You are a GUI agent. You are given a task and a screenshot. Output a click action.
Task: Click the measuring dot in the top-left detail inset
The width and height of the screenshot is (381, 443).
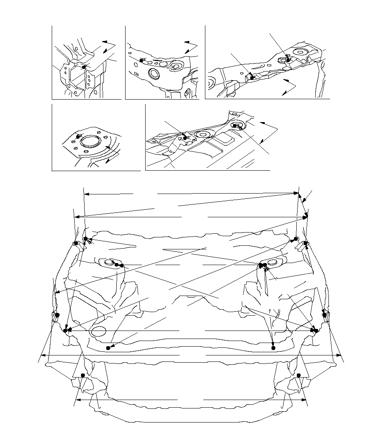point(84,67)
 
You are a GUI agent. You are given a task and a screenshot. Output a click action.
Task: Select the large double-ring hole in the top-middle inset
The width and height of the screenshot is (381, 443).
point(154,74)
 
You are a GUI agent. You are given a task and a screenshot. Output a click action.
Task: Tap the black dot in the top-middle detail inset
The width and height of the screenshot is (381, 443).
point(142,60)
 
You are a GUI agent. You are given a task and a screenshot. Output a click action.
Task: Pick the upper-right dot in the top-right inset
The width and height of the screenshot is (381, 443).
point(288,59)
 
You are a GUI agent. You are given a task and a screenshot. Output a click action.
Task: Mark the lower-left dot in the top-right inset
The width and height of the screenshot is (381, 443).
point(252,78)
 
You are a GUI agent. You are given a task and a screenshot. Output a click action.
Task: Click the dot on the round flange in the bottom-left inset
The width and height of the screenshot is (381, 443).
point(79,136)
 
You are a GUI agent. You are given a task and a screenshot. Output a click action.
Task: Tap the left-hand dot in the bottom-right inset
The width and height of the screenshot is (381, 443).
point(185,138)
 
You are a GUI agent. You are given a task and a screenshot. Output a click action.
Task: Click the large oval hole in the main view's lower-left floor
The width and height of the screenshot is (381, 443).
point(98,331)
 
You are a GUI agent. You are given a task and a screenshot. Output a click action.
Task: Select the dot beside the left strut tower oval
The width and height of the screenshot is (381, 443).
point(117,265)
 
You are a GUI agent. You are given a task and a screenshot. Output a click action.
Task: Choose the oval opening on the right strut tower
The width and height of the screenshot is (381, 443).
point(272,263)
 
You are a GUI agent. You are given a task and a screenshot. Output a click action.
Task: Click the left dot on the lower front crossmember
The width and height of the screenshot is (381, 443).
point(108,347)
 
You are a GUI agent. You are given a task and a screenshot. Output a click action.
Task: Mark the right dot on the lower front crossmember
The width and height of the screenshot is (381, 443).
point(274,348)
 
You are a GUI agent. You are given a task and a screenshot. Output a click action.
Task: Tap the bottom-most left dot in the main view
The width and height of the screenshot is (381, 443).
point(83,375)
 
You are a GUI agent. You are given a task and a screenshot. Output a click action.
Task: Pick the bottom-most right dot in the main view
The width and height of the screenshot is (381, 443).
point(299,375)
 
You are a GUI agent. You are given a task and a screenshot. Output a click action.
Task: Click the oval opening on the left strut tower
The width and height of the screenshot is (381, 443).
point(108,262)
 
